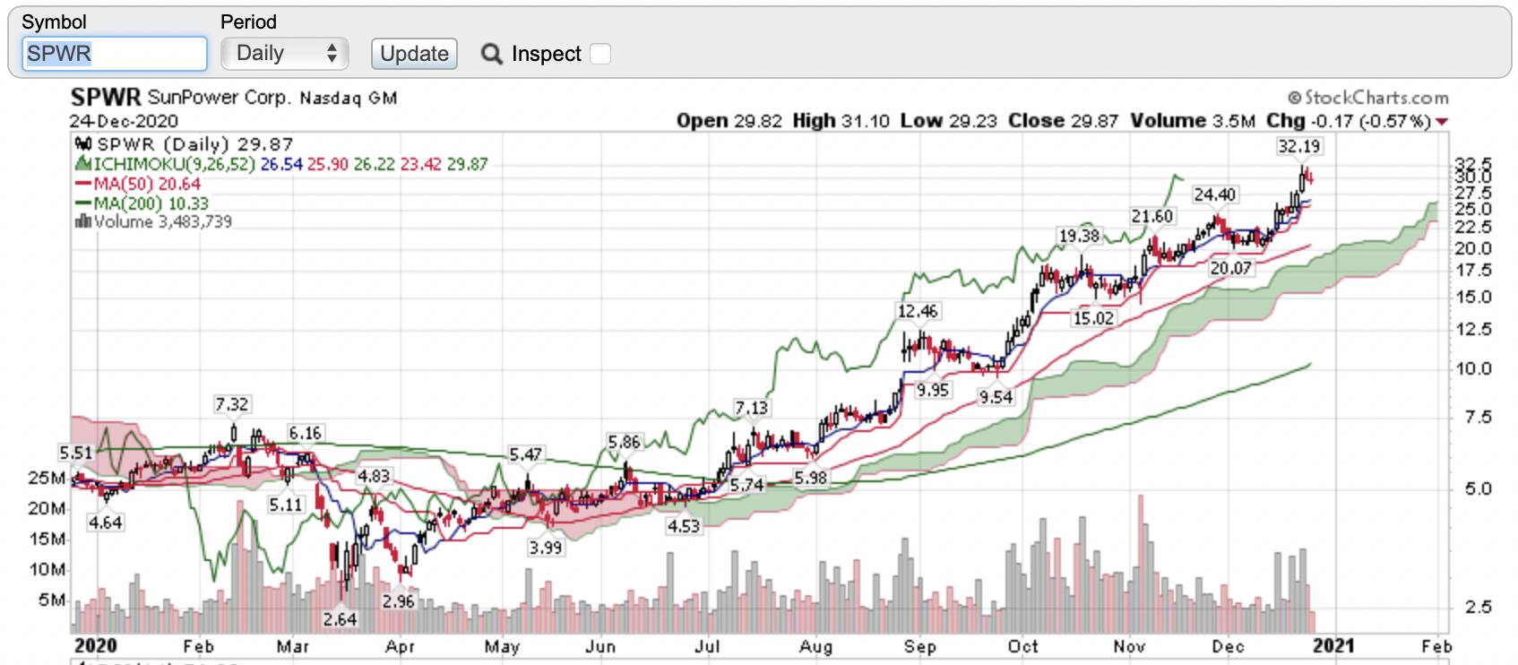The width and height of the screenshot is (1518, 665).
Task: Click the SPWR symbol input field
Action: tap(114, 54)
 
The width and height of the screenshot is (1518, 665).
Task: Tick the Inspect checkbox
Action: tap(600, 54)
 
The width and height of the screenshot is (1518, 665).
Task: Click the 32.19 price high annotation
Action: tap(1298, 146)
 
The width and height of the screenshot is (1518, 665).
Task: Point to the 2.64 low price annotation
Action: tap(340, 619)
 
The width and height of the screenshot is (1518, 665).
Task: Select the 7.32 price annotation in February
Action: tap(231, 404)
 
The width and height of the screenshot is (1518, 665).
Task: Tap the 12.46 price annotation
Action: tap(918, 311)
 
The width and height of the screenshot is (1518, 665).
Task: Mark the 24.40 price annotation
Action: tap(1214, 194)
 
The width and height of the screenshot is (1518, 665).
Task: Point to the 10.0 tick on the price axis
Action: tap(1472, 368)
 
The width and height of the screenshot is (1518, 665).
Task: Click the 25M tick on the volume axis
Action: tap(46, 478)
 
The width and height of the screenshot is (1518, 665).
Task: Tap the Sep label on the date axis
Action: tap(919, 646)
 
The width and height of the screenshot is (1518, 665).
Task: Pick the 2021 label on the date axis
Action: tap(1333, 645)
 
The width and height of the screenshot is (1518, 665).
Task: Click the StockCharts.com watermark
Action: tap(1368, 98)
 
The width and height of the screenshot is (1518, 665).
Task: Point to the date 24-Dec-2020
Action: tap(124, 121)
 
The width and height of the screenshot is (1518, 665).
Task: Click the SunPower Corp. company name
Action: tap(220, 98)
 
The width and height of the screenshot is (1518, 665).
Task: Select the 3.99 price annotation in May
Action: tap(545, 548)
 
